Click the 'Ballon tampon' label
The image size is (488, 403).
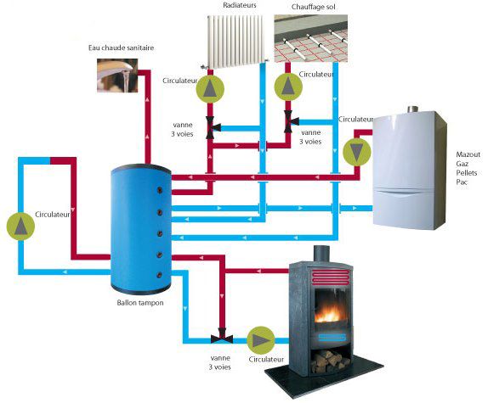[x=140, y=303]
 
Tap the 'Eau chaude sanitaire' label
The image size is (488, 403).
[x=121, y=48]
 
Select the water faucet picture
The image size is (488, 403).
[x=117, y=76]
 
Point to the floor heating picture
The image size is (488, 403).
[x=311, y=38]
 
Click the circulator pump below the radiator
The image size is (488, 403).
[x=210, y=89]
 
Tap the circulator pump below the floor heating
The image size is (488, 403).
[x=288, y=87]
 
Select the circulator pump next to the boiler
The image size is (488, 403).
[x=357, y=152]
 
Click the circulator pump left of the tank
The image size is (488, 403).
[x=20, y=226]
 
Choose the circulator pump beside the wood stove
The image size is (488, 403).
[x=261, y=340]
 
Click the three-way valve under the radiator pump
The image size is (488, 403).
[x=213, y=127]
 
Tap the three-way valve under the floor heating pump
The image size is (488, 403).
[x=291, y=121]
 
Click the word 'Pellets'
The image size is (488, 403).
[x=467, y=172]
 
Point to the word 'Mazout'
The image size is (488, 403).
[x=468, y=154]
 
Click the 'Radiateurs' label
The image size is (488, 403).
[x=240, y=5]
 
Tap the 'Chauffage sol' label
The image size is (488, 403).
[x=314, y=7]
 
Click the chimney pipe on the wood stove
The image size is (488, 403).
[x=321, y=254]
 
